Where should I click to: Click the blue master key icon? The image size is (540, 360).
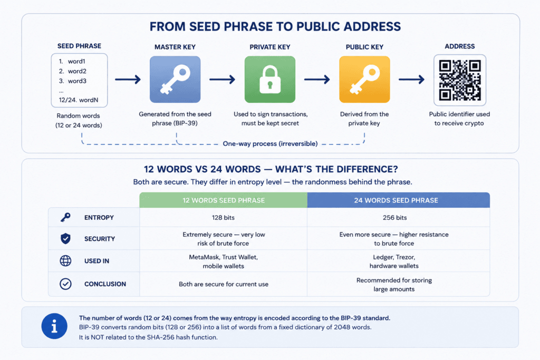tap(175, 80)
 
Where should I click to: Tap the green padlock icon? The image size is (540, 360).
tap(270, 80)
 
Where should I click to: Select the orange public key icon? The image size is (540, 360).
tap(364, 80)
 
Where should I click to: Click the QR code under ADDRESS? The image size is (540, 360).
tap(460, 80)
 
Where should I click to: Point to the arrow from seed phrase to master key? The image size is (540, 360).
tap(128, 80)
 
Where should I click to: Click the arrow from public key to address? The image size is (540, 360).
tap(411, 80)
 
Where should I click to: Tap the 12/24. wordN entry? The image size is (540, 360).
tap(79, 100)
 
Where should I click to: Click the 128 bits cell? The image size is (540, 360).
tap(223, 218)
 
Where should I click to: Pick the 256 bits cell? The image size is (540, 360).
tap(394, 218)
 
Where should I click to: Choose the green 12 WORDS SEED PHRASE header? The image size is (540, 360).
tap(224, 200)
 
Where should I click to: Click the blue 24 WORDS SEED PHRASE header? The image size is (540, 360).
tap(399, 200)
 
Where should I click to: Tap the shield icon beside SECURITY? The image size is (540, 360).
tap(65, 239)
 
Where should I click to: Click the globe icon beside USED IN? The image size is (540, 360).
tap(65, 261)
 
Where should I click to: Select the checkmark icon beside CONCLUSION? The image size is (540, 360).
tap(65, 284)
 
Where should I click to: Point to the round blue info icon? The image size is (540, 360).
tap(54, 326)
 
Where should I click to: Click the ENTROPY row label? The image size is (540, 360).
tap(99, 218)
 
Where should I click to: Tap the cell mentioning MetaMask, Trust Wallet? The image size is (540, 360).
tap(224, 261)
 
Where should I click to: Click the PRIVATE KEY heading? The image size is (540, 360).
tap(270, 47)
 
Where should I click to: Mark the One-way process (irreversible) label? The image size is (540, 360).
tap(270, 143)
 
